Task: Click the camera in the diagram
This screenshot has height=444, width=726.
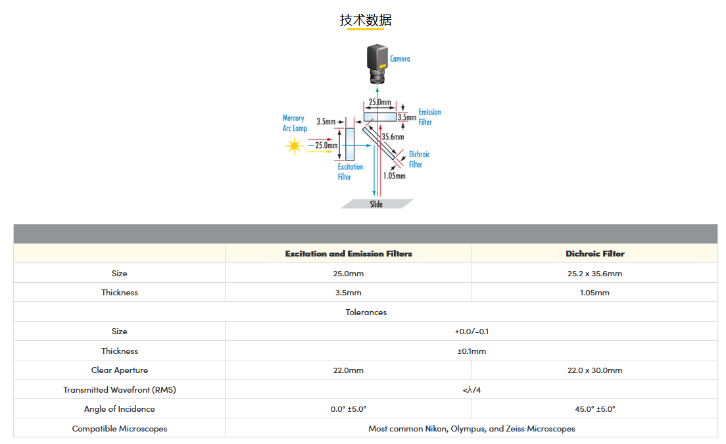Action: click(377, 64)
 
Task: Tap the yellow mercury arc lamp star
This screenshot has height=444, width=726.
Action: click(294, 146)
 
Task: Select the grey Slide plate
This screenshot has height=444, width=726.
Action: click(377, 204)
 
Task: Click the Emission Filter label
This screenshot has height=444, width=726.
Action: click(429, 117)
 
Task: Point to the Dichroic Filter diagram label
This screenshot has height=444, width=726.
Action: click(419, 159)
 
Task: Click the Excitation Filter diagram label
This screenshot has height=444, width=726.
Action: click(350, 172)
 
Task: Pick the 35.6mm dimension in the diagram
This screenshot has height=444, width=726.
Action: click(393, 137)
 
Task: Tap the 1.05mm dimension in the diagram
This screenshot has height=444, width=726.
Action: click(394, 176)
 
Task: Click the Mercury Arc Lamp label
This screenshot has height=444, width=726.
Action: click(295, 123)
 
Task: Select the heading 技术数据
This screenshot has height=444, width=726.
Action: click(366, 20)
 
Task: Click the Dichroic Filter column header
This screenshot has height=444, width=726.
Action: click(595, 254)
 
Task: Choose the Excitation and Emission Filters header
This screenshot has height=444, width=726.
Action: click(348, 254)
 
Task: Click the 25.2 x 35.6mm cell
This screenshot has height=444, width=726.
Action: click(594, 274)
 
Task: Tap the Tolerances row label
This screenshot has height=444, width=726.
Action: click(366, 312)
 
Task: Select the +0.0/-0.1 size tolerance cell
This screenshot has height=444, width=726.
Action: click(472, 332)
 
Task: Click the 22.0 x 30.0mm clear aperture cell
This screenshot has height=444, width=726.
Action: click(594, 370)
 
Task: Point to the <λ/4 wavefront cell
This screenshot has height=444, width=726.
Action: click(472, 390)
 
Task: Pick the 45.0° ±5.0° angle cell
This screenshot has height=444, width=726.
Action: click(594, 409)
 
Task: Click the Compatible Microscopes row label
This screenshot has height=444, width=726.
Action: click(120, 429)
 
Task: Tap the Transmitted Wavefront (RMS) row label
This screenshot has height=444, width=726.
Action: click(120, 390)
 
